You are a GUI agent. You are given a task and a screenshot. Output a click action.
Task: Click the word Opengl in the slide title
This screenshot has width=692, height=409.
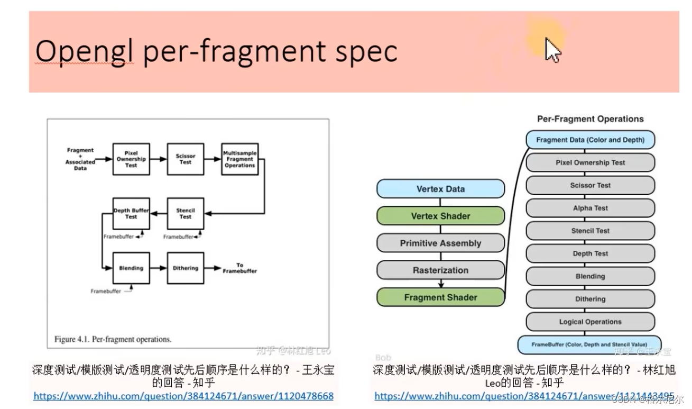[x=85, y=52]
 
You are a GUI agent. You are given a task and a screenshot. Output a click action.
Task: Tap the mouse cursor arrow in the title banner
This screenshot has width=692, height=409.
[x=552, y=50]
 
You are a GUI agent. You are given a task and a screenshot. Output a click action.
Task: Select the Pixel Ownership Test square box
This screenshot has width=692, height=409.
[x=131, y=159]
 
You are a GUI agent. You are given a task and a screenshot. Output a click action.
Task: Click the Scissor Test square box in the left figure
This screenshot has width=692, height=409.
[x=185, y=159]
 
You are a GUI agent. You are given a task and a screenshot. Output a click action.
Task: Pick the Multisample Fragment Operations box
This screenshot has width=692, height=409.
[x=240, y=159]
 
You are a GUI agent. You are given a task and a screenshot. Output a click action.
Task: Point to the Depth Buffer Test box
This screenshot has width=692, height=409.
[x=131, y=213]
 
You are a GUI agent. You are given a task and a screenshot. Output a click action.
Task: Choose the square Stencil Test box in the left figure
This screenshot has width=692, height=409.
[x=185, y=213]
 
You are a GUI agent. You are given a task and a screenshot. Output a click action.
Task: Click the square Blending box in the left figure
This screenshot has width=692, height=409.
[x=131, y=268]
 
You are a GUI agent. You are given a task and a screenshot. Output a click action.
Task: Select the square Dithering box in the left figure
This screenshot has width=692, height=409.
[x=185, y=268]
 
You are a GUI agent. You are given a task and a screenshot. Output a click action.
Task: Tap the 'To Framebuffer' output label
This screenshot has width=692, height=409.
[x=239, y=268]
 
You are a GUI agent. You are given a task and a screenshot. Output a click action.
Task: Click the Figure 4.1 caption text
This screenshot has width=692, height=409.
[x=113, y=339]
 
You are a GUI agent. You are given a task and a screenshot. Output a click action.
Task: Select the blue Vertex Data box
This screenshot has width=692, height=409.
[x=440, y=189]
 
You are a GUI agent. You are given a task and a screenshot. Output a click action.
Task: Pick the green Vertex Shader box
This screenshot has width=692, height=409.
[x=440, y=216]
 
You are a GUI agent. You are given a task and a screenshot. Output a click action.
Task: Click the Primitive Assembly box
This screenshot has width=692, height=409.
[x=440, y=243]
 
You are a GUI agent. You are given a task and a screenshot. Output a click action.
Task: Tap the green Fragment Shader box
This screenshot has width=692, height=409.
[x=440, y=297]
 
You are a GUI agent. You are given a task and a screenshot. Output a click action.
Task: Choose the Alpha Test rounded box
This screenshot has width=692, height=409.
[x=590, y=208]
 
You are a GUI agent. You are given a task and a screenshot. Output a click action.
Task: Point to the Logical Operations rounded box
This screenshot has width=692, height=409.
[x=590, y=322]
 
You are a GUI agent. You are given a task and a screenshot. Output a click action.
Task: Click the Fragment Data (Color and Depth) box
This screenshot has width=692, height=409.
[x=590, y=140]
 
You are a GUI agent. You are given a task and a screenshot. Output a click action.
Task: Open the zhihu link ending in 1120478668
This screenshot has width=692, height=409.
[x=183, y=396]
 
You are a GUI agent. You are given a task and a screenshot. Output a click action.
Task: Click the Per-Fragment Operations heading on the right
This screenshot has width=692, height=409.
[x=590, y=119]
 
